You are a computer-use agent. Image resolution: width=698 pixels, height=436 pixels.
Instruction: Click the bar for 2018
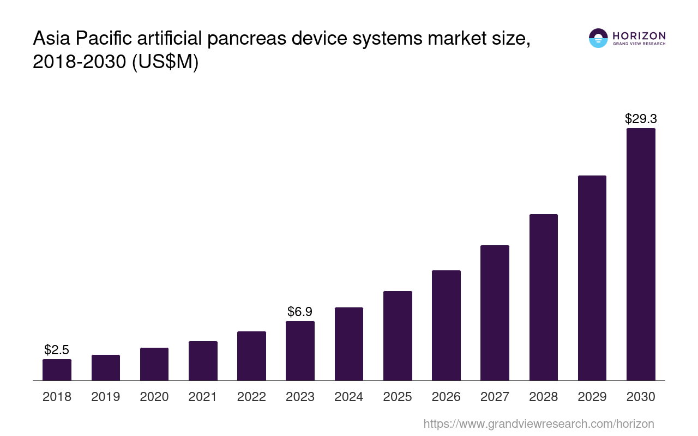[57, 370]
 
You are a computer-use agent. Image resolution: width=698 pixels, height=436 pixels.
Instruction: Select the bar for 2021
[203, 361]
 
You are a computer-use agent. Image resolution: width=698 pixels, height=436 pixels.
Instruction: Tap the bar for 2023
[300, 350]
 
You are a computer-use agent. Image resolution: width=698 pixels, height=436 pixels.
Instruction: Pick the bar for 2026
[446, 325]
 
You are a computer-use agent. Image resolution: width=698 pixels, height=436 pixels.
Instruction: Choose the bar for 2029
[592, 278]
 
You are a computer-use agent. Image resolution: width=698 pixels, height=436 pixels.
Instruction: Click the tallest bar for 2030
[641, 254]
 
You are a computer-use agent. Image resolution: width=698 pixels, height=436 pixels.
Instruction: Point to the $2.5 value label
[57, 350]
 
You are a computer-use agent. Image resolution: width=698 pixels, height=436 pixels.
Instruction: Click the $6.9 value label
[300, 312]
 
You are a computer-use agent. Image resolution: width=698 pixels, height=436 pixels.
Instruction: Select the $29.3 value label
[641, 119]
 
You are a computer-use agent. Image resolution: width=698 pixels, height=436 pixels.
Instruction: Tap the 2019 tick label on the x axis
[106, 397]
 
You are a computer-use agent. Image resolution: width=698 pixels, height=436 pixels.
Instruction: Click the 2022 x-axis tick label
[251, 397]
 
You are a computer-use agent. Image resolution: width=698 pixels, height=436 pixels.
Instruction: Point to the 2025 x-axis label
[398, 397]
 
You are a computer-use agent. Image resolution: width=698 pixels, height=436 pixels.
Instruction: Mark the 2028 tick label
[544, 397]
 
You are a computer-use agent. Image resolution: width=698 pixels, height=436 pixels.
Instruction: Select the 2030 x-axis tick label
[641, 397]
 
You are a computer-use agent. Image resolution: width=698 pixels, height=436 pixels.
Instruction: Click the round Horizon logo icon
[598, 38]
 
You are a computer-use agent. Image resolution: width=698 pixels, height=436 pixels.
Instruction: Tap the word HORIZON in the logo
[639, 36]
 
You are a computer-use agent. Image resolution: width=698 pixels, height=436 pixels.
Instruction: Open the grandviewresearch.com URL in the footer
[539, 423]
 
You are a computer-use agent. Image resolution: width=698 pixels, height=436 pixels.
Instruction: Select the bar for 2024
[349, 344]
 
